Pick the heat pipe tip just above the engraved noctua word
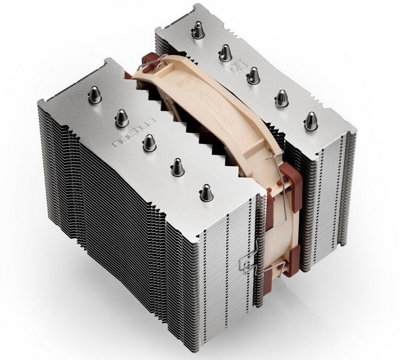coord(122,118)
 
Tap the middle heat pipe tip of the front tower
coord(149,142)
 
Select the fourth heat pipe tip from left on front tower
coord(178,167)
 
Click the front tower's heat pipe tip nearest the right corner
coord(206,192)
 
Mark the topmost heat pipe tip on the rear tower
coord(197,30)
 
